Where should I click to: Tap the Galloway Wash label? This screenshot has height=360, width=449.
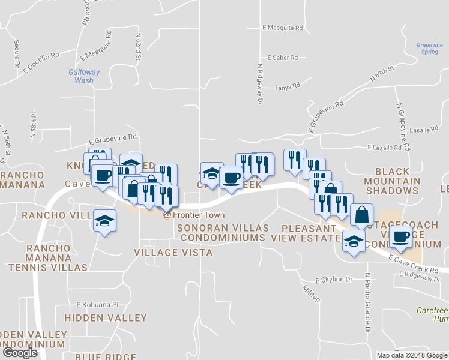pyautogui.click(x=83, y=76)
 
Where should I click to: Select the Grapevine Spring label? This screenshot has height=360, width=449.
pyautogui.click(x=429, y=48)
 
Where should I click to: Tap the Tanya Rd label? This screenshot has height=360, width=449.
pyautogui.click(x=288, y=87)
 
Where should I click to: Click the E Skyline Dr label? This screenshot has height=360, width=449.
pyautogui.click(x=334, y=280)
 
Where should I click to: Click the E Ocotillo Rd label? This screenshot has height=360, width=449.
pyautogui.click(x=41, y=62)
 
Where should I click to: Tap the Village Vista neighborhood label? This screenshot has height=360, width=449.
pyautogui.click(x=173, y=253)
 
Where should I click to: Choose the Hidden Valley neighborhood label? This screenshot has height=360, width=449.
pyautogui.click(x=106, y=317)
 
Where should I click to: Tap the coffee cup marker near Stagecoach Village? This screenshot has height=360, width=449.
pyautogui.click(x=400, y=236)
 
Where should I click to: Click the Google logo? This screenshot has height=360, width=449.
pyautogui.click(x=20, y=353)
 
